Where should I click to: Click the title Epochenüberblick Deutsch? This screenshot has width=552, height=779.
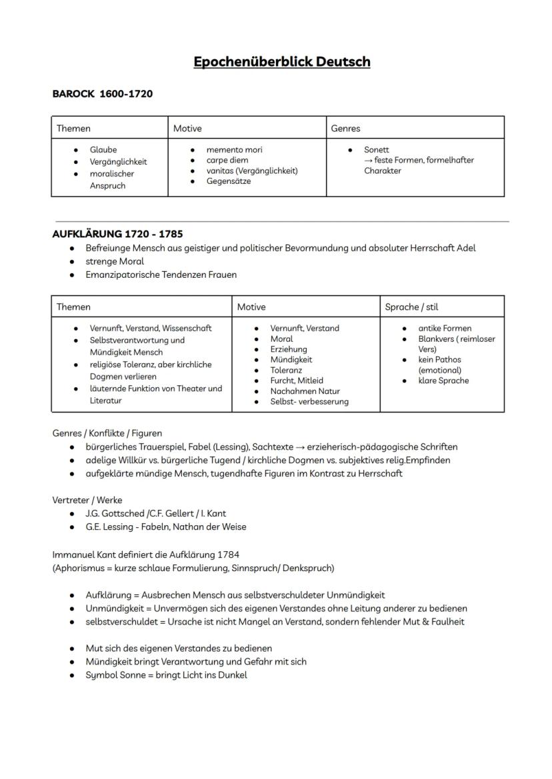click(x=281, y=62)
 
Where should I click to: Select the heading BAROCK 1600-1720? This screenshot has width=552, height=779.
click(x=102, y=94)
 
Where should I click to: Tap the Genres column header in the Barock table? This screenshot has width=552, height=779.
click(x=345, y=128)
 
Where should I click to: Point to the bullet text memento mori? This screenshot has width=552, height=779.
click(x=234, y=150)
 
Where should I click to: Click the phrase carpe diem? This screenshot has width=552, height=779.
click(x=227, y=161)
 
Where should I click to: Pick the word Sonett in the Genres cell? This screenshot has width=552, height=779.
click(x=377, y=150)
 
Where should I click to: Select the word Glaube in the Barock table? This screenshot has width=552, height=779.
click(x=103, y=150)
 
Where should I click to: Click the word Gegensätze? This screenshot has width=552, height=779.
click(x=229, y=181)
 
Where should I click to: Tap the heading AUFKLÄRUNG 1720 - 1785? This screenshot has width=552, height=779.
click(x=117, y=234)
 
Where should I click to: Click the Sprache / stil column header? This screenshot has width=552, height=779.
click(x=411, y=307)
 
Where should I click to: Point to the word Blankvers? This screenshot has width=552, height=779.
click(x=439, y=339)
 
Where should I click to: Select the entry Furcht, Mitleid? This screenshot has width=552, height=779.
click(x=297, y=381)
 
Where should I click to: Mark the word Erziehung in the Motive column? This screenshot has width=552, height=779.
click(x=289, y=349)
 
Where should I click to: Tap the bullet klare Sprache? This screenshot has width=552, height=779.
click(x=443, y=381)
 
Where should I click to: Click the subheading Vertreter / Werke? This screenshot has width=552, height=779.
click(x=87, y=500)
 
